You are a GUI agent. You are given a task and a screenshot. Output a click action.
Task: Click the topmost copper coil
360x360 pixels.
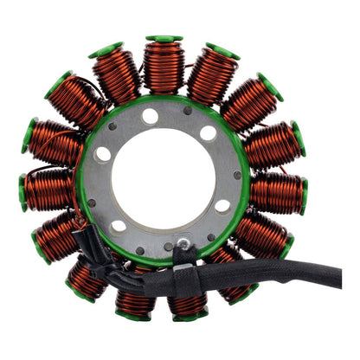click(x=164, y=67)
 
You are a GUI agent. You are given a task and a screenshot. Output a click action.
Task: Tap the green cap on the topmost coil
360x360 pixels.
click(x=164, y=40)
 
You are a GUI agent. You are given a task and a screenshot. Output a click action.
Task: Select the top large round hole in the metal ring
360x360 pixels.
click(x=151, y=116)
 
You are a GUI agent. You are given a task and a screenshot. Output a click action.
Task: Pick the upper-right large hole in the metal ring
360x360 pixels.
click(x=209, y=134)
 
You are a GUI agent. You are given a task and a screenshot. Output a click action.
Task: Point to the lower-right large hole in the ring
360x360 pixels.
click(x=222, y=206)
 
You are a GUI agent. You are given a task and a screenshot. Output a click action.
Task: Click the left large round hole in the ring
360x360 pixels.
click(x=103, y=155)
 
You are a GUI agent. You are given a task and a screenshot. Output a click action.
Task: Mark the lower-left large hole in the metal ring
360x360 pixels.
click(x=119, y=226)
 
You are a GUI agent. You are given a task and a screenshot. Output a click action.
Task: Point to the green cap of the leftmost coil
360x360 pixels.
click(x=22, y=191)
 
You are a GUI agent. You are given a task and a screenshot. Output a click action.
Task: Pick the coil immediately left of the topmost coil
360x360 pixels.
click(x=118, y=75)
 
